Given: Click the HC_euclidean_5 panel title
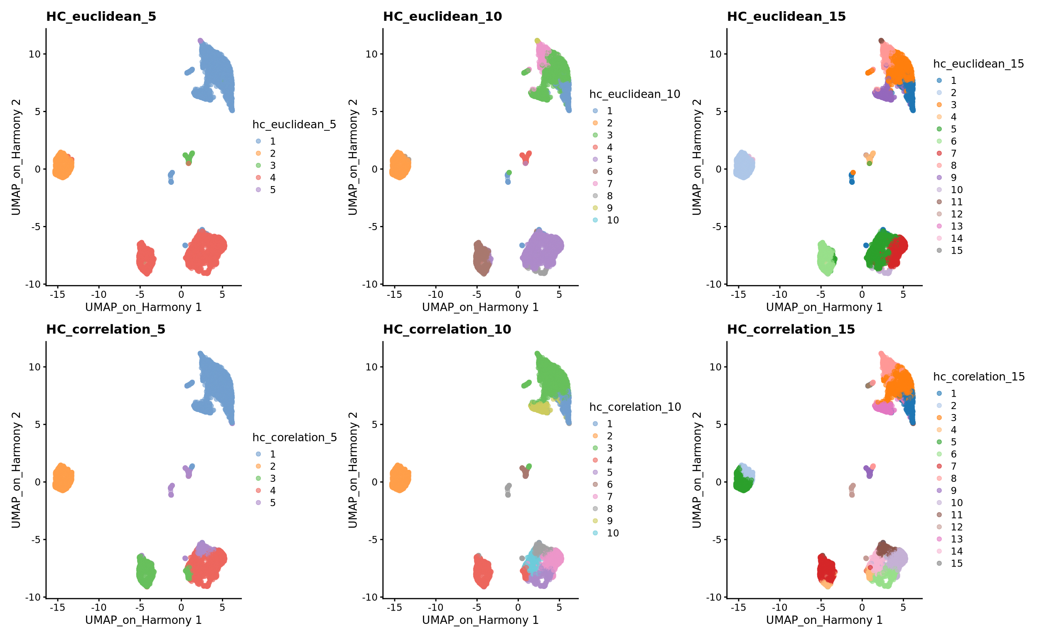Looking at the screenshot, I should (101, 17).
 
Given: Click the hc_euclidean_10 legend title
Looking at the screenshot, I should (634, 94).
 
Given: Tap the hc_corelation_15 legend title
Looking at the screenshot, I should (979, 376).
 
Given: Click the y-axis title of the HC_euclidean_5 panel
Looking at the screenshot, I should (16, 157).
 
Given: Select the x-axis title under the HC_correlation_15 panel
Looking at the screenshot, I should (824, 620).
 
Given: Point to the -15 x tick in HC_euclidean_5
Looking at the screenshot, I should (57, 294).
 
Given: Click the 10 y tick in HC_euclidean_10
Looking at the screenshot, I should (371, 54).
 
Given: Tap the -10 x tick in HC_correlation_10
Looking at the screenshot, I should (435, 607).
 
